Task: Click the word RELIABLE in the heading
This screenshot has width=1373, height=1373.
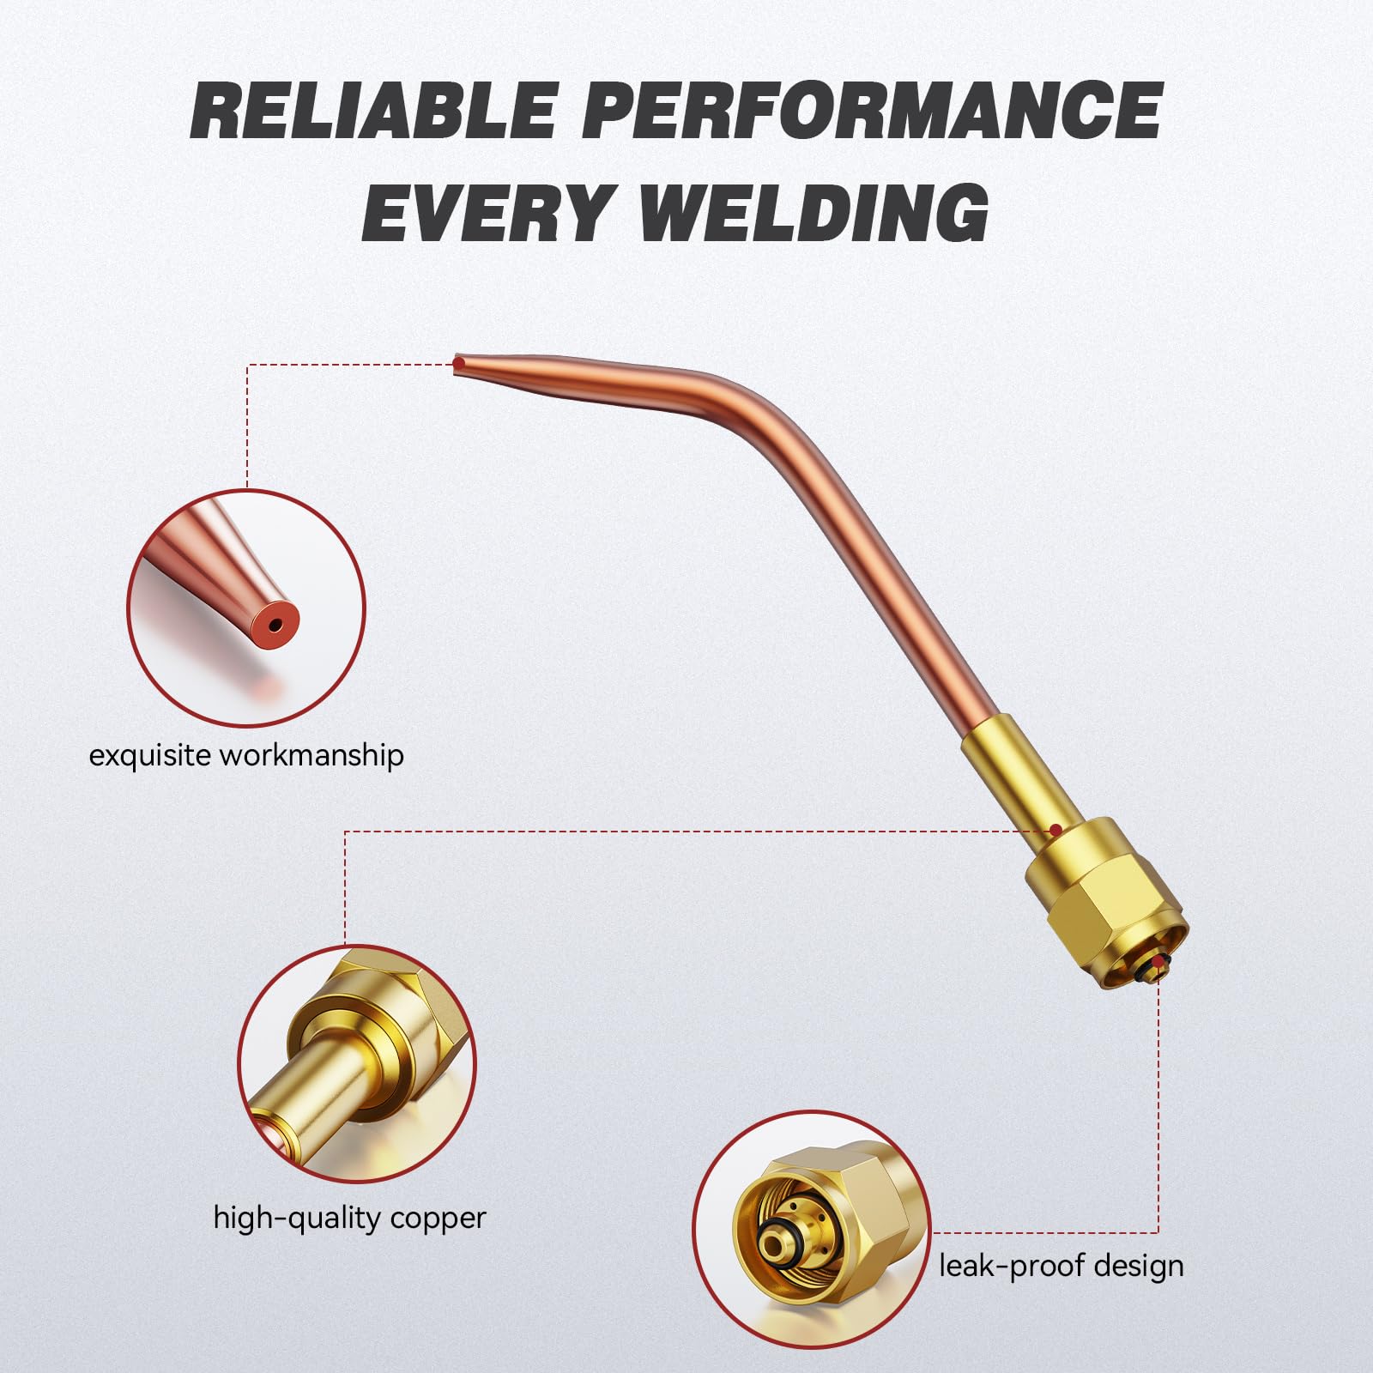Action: pyautogui.click(x=373, y=111)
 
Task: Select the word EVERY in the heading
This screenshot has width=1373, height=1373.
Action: pyautogui.click(x=487, y=210)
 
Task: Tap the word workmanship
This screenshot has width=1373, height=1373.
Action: pyautogui.click(x=311, y=755)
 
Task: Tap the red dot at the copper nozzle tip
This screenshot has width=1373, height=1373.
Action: pyautogui.click(x=459, y=364)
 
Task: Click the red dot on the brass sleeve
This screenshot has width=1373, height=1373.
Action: pyautogui.click(x=1055, y=830)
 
